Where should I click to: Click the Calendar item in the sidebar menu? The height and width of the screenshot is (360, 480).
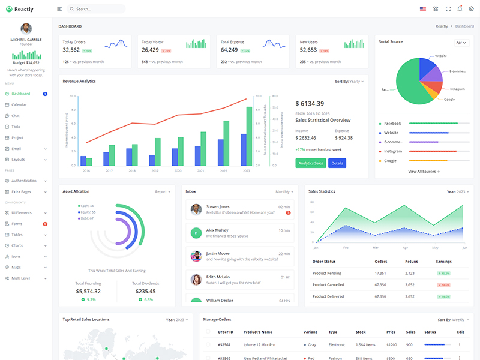(19, 105)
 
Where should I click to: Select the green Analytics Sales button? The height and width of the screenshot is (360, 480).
(311, 163)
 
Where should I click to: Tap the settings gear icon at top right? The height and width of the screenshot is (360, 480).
(470, 9)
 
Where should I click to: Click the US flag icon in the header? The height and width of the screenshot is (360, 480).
(422, 9)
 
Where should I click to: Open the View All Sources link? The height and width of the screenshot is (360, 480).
(424, 172)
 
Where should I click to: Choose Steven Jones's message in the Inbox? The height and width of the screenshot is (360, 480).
(240, 209)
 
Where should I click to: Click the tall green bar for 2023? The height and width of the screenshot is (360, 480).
(249, 136)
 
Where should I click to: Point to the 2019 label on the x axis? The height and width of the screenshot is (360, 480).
(155, 171)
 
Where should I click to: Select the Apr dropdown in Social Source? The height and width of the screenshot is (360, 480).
(461, 43)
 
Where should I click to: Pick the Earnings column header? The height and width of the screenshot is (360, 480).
(443, 262)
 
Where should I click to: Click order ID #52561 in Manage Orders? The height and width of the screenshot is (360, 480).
(225, 345)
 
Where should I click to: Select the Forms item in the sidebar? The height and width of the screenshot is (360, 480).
(17, 224)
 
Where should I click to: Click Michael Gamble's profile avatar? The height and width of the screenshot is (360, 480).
(26, 29)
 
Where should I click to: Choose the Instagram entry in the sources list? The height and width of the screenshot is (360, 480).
(393, 151)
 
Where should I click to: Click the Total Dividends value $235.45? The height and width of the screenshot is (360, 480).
(145, 291)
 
